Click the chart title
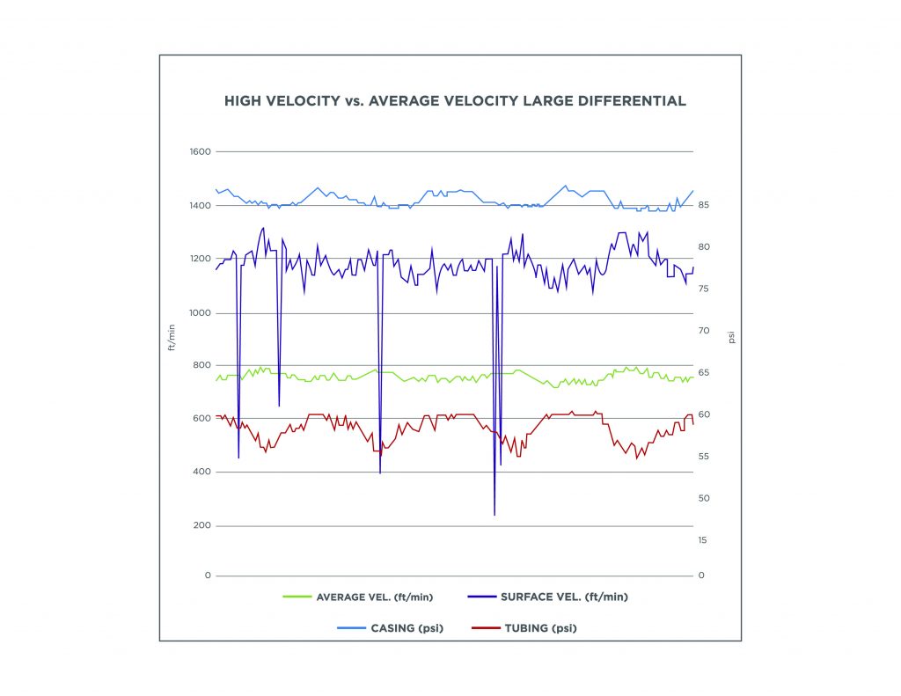click(455, 101)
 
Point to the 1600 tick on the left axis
click(201, 151)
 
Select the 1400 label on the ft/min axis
click(201, 205)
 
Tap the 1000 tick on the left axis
click(201, 312)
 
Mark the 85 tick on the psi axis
click(704, 205)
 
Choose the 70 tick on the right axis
click(704, 331)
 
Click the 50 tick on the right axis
click(704, 498)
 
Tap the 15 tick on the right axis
click(703, 539)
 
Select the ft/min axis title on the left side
click(172, 337)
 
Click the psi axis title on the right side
click(730, 337)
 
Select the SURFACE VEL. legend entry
click(563, 597)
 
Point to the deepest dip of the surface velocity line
click(494, 515)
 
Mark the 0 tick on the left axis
click(209, 575)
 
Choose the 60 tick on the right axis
click(704, 414)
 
